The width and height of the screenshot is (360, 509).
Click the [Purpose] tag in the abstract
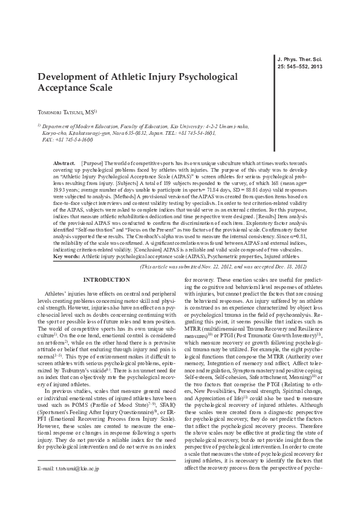(x=93, y=163)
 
